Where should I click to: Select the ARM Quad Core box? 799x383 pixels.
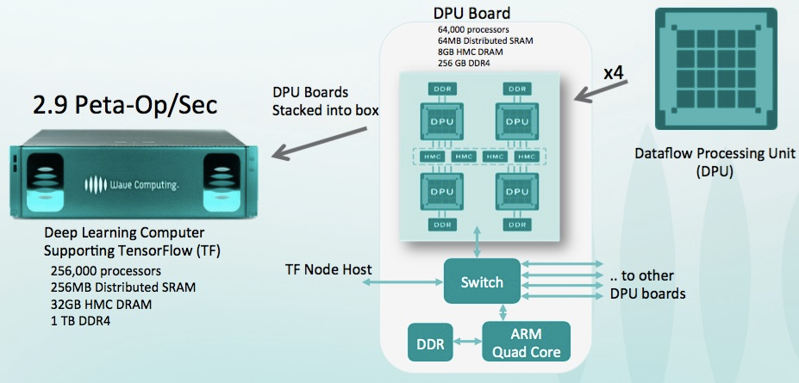(x=526, y=343)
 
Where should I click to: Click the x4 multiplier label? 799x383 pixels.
(x=614, y=73)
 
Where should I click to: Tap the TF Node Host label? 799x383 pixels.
(x=328, y=269)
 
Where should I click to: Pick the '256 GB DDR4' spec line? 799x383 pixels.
(x=470, y=63)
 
